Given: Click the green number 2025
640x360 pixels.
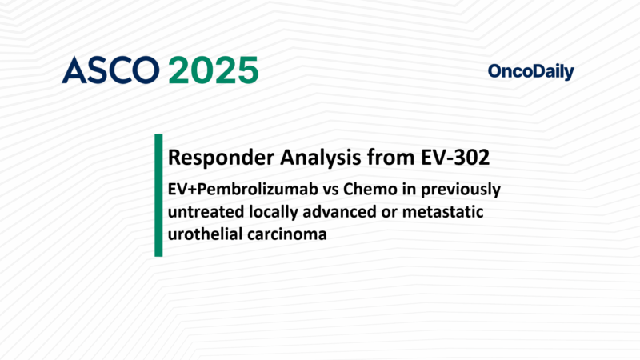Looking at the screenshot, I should pyautogui.click(x=214, y=70).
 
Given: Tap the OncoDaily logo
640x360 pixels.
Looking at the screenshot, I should pyautogui.click(x=530, y=72).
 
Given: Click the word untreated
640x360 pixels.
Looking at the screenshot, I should pyautogui.click(x=202, y=213).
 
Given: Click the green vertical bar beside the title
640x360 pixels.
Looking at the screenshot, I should pyautogui.click(x=158, y=195).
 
